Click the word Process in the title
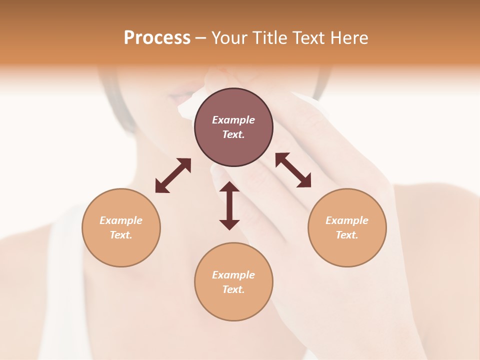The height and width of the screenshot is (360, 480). (x=157, y=38)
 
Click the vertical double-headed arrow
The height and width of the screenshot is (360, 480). (x=229, y=205)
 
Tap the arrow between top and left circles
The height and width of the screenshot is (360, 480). (x=173, y=175)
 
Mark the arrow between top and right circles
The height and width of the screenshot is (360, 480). (x=293, y=170)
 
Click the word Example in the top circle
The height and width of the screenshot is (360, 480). (x=233, y=120)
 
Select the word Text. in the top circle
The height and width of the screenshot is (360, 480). (x=233, y=134)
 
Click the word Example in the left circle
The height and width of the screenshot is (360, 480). (x=121, y=220)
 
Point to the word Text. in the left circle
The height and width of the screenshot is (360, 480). (x=121, y=235)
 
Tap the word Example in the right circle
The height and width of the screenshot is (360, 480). (x=347, y=220)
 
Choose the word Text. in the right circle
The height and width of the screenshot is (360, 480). (x=347, y=235)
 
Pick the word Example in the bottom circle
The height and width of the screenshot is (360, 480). (x=233, y=275)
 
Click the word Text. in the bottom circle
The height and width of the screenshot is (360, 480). (x=233, y=289)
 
